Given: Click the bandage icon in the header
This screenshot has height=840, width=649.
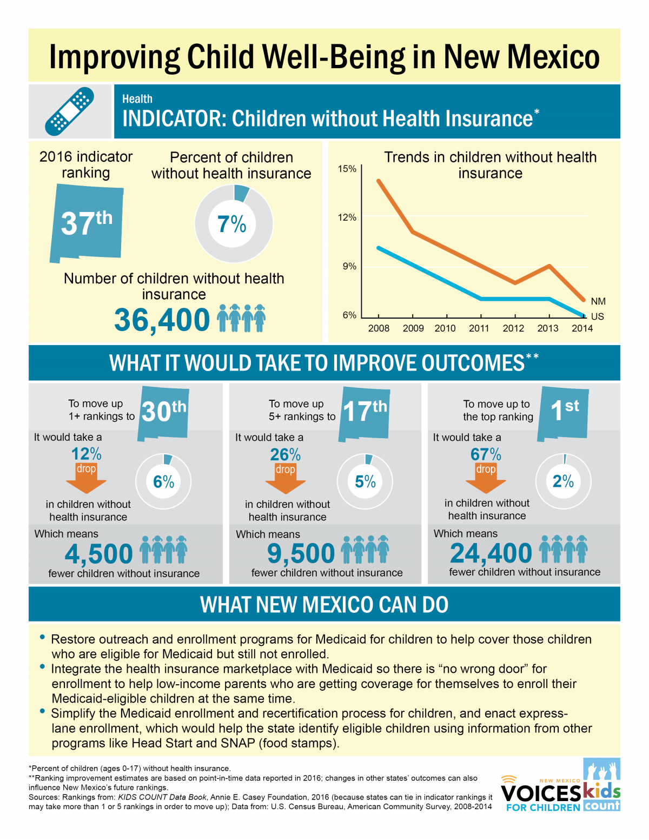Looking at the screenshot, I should [70, 111].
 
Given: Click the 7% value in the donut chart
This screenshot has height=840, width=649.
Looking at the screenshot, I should [232, 224].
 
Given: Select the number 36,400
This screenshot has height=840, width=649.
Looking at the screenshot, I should [162, 320].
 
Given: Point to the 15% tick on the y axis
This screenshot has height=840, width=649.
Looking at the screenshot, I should [347, 169].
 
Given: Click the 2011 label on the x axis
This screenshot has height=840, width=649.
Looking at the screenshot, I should [479, 328].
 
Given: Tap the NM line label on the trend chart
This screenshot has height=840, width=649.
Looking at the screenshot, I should [598, 301].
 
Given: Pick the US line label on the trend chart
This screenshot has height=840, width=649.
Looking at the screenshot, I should [597, 316].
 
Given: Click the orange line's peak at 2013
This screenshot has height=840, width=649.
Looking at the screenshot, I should [549, 266].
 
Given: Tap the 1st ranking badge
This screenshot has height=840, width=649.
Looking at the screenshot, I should [564, 411].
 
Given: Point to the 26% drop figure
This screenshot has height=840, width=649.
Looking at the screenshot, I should [285, 454].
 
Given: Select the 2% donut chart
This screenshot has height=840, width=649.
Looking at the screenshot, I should [563, 481].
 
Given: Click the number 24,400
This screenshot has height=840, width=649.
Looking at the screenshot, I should [491, 553].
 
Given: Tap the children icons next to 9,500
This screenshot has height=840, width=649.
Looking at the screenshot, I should [365, 550].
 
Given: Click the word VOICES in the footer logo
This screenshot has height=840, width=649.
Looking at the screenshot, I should [540, 793].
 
